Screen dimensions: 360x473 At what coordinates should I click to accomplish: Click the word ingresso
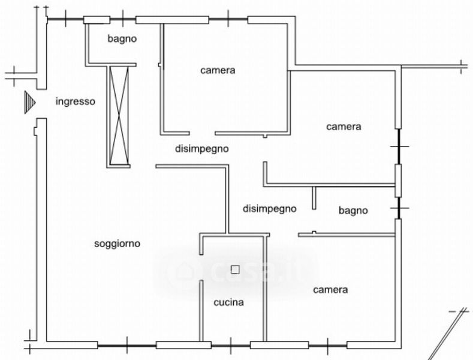[x=75, y=101]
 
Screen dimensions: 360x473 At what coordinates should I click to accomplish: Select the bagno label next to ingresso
[x=122, y=39]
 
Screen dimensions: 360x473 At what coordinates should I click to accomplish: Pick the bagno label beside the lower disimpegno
[x=353, y=210]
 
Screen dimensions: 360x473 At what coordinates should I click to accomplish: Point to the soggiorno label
[x=118, y=244]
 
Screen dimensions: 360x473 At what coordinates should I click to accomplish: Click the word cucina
[x=229, y=302]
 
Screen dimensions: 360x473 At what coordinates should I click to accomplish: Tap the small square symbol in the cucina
[x=235, y=269]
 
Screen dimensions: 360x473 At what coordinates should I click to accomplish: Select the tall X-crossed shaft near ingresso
[x=118, y=116]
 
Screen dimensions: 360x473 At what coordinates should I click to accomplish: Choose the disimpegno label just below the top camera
[x=201, y=149]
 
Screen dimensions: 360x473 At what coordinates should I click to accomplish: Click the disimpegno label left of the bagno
[x=270, y=209]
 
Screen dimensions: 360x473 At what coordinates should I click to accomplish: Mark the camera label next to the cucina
[x=330, y=290]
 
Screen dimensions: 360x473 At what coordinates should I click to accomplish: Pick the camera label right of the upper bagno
[x=218, y=70]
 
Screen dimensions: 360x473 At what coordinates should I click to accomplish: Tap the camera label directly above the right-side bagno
[x=344, y=127]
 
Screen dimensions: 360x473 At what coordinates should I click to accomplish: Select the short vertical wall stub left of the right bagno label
[x=314, y=197]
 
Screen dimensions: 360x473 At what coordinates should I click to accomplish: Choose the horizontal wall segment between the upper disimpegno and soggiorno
[x=191, y=166]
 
